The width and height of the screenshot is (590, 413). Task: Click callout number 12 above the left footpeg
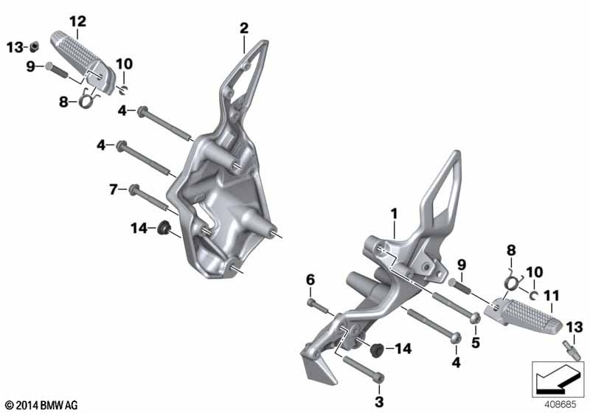pyautogui.click(x=78, y=21)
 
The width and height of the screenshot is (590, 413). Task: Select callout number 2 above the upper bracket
pyautogui.click(x=244, y=28)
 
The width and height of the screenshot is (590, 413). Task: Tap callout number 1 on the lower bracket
pyautogui.click(x=394, y=214)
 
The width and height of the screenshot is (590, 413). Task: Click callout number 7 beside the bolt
pyautogui.click(x=114, y=190)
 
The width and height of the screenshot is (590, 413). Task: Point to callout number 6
pyautogui.click(x=310, y=280)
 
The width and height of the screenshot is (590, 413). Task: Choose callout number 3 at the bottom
pyautogui.click(x=379, y=402)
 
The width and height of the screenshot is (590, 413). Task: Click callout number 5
pyautogui.click(x=476, y=343)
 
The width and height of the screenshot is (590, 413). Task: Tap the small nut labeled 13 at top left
pyautogui.click(x=34, y=46)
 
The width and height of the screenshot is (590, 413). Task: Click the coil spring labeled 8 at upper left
pyautogui.click(x=87, y=100)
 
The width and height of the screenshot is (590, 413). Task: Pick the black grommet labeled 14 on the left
pyautogui.click(x=164, y=228)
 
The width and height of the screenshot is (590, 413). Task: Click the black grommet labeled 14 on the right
pyautogui.click(x=376, y=350)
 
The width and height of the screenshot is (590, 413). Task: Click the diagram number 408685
pyautogui.click(x=560, y=405)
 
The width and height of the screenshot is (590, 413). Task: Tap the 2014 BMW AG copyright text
pyautogui.click(x=42, y=405)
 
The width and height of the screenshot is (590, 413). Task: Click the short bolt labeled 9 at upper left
pyautogui.click(x=57, y=70)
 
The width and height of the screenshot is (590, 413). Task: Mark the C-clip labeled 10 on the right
pyautogui.click(x=533, y=296)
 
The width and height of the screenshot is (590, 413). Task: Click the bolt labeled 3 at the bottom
pyautogui.click(x=364, y=370)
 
